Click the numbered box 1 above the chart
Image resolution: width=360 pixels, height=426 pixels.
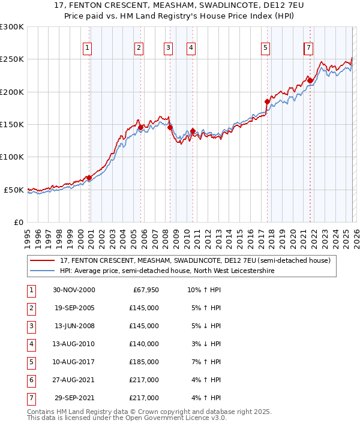pos(88,48)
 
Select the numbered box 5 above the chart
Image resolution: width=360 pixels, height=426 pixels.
pos(265,48)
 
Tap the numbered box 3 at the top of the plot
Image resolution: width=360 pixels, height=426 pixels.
pos(168,48)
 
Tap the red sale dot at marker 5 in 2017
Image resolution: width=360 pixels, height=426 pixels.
pos(268,102)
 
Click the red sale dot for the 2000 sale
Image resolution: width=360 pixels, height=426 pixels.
pos(89,178)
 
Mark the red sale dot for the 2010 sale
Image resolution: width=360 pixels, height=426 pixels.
pos(193,131)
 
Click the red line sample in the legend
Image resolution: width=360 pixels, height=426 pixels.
pos(43,260)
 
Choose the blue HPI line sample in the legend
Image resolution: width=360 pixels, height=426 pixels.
pos(43,271)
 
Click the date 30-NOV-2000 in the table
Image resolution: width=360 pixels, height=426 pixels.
pos(73,290)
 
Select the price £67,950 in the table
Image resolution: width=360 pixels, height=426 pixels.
pos(145,290)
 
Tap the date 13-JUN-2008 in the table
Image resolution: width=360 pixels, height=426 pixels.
pos(73,326)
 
